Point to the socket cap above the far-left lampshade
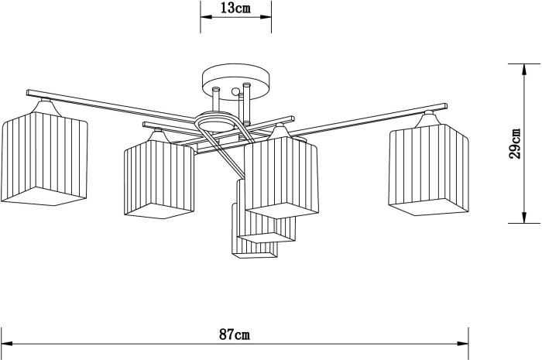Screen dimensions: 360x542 47,103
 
